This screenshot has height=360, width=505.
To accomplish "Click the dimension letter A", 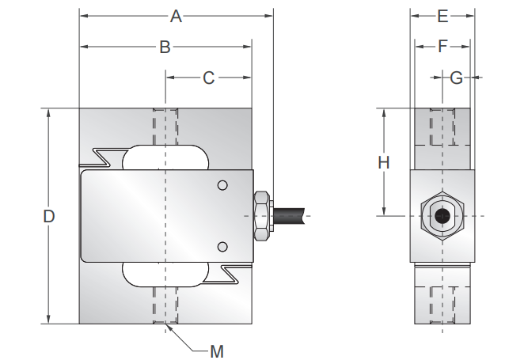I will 177,16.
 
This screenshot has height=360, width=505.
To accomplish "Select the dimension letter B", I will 165,47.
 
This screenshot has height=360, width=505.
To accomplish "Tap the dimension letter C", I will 209,78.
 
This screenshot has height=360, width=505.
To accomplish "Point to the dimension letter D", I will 49,216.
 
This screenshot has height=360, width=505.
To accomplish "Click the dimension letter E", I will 442,16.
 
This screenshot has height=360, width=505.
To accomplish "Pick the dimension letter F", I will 442,47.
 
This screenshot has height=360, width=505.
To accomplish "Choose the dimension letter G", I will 456,78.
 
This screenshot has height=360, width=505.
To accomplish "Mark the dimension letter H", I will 383,162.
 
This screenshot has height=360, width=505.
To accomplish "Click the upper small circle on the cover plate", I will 223,186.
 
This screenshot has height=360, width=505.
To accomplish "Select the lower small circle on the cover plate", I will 223,244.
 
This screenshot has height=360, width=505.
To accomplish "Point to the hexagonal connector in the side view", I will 442,215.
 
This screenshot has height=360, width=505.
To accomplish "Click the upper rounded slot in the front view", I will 165,157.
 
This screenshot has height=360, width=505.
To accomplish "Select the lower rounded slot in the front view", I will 165,273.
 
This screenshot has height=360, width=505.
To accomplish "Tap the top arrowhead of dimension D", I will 49,112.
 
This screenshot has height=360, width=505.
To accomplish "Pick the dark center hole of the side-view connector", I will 442,215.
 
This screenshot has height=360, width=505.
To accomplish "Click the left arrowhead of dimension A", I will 83,16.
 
